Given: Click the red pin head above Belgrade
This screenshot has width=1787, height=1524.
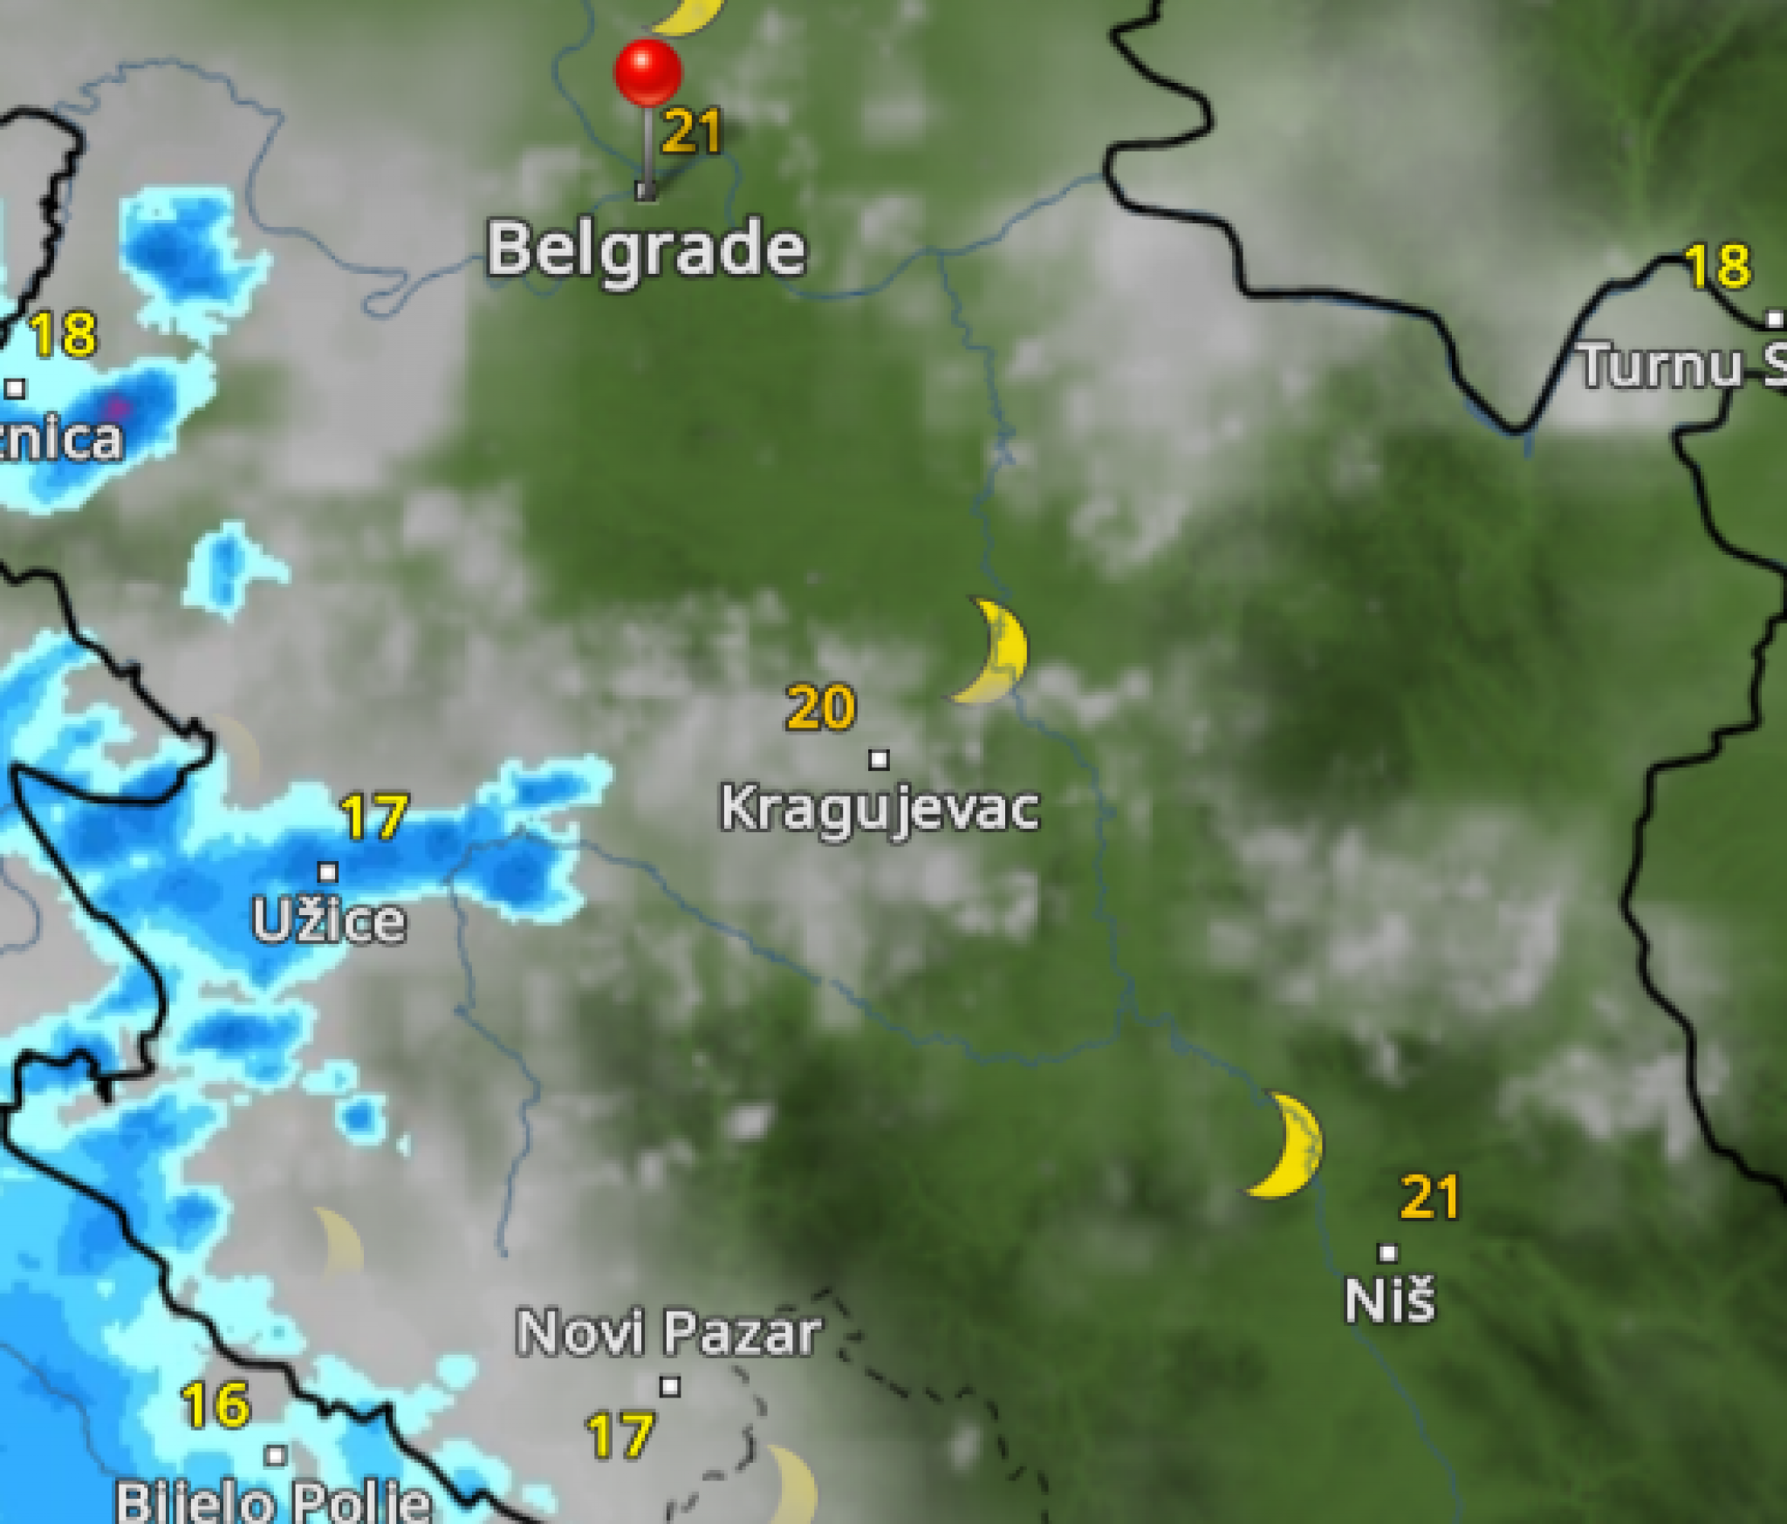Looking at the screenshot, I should pos(647,72).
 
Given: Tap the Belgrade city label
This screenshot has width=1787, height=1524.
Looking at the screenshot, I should pos(646,249).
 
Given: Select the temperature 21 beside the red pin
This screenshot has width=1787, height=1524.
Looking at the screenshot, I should pos(692,133).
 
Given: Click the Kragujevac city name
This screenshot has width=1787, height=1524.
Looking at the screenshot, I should pos(880,809).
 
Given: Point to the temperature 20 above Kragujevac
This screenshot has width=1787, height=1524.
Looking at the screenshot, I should pos(820,707).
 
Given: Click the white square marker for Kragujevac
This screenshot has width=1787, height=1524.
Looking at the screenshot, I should pos(879,760).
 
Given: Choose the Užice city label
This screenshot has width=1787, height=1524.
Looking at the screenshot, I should pos(329,920).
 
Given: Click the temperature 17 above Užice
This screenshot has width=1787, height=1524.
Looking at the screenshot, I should pos(374,817).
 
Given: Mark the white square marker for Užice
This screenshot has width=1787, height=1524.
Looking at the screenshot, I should pos(328,871).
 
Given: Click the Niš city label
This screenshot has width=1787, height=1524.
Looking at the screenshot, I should pos(1389,1301).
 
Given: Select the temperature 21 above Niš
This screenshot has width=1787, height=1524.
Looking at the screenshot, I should pos(1429,1197).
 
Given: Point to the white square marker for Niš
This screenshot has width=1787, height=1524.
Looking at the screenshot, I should pos(1387,1253).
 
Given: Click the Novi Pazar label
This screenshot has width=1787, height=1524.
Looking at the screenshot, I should pos(668,1333).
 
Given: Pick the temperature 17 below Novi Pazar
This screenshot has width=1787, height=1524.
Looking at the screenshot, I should pos(620,1436).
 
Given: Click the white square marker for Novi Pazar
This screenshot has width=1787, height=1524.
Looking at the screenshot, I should pos(669,1386).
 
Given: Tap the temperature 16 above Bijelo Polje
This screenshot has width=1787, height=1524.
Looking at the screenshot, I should pos(216,1404).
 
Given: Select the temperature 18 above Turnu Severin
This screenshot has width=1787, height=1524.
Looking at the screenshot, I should pos(1717,266).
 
